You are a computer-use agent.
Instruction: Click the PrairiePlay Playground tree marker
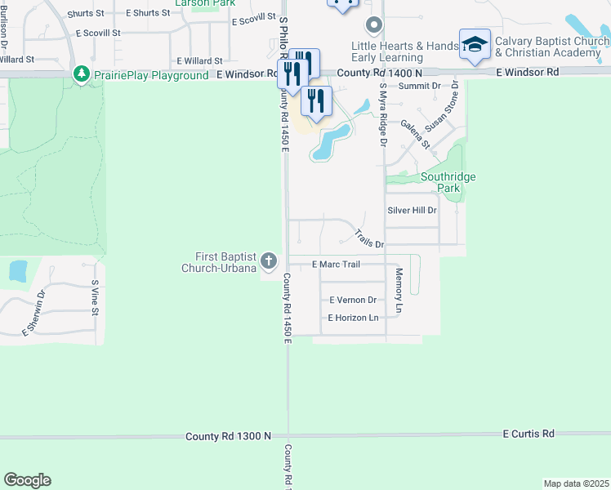[82, 75]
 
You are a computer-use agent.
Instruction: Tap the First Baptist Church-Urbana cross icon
[270, 262]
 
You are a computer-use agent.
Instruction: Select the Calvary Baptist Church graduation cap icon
[475, 46]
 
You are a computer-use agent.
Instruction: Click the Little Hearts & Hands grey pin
[374, 25]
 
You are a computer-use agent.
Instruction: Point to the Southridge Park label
[448, 182]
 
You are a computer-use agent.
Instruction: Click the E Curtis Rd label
[528, 433]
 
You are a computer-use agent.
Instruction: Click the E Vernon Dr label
[352, 301]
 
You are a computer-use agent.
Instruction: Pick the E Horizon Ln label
[354, 318]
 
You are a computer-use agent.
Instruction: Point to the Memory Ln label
[399, 291]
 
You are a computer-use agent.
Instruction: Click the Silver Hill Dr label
[412, 210]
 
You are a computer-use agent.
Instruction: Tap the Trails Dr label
[369, 239]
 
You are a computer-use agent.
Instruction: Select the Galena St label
[416, 133]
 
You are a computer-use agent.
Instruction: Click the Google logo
[27, 480]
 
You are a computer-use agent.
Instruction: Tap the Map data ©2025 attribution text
[576, 483]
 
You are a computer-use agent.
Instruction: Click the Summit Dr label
[420, 85]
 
